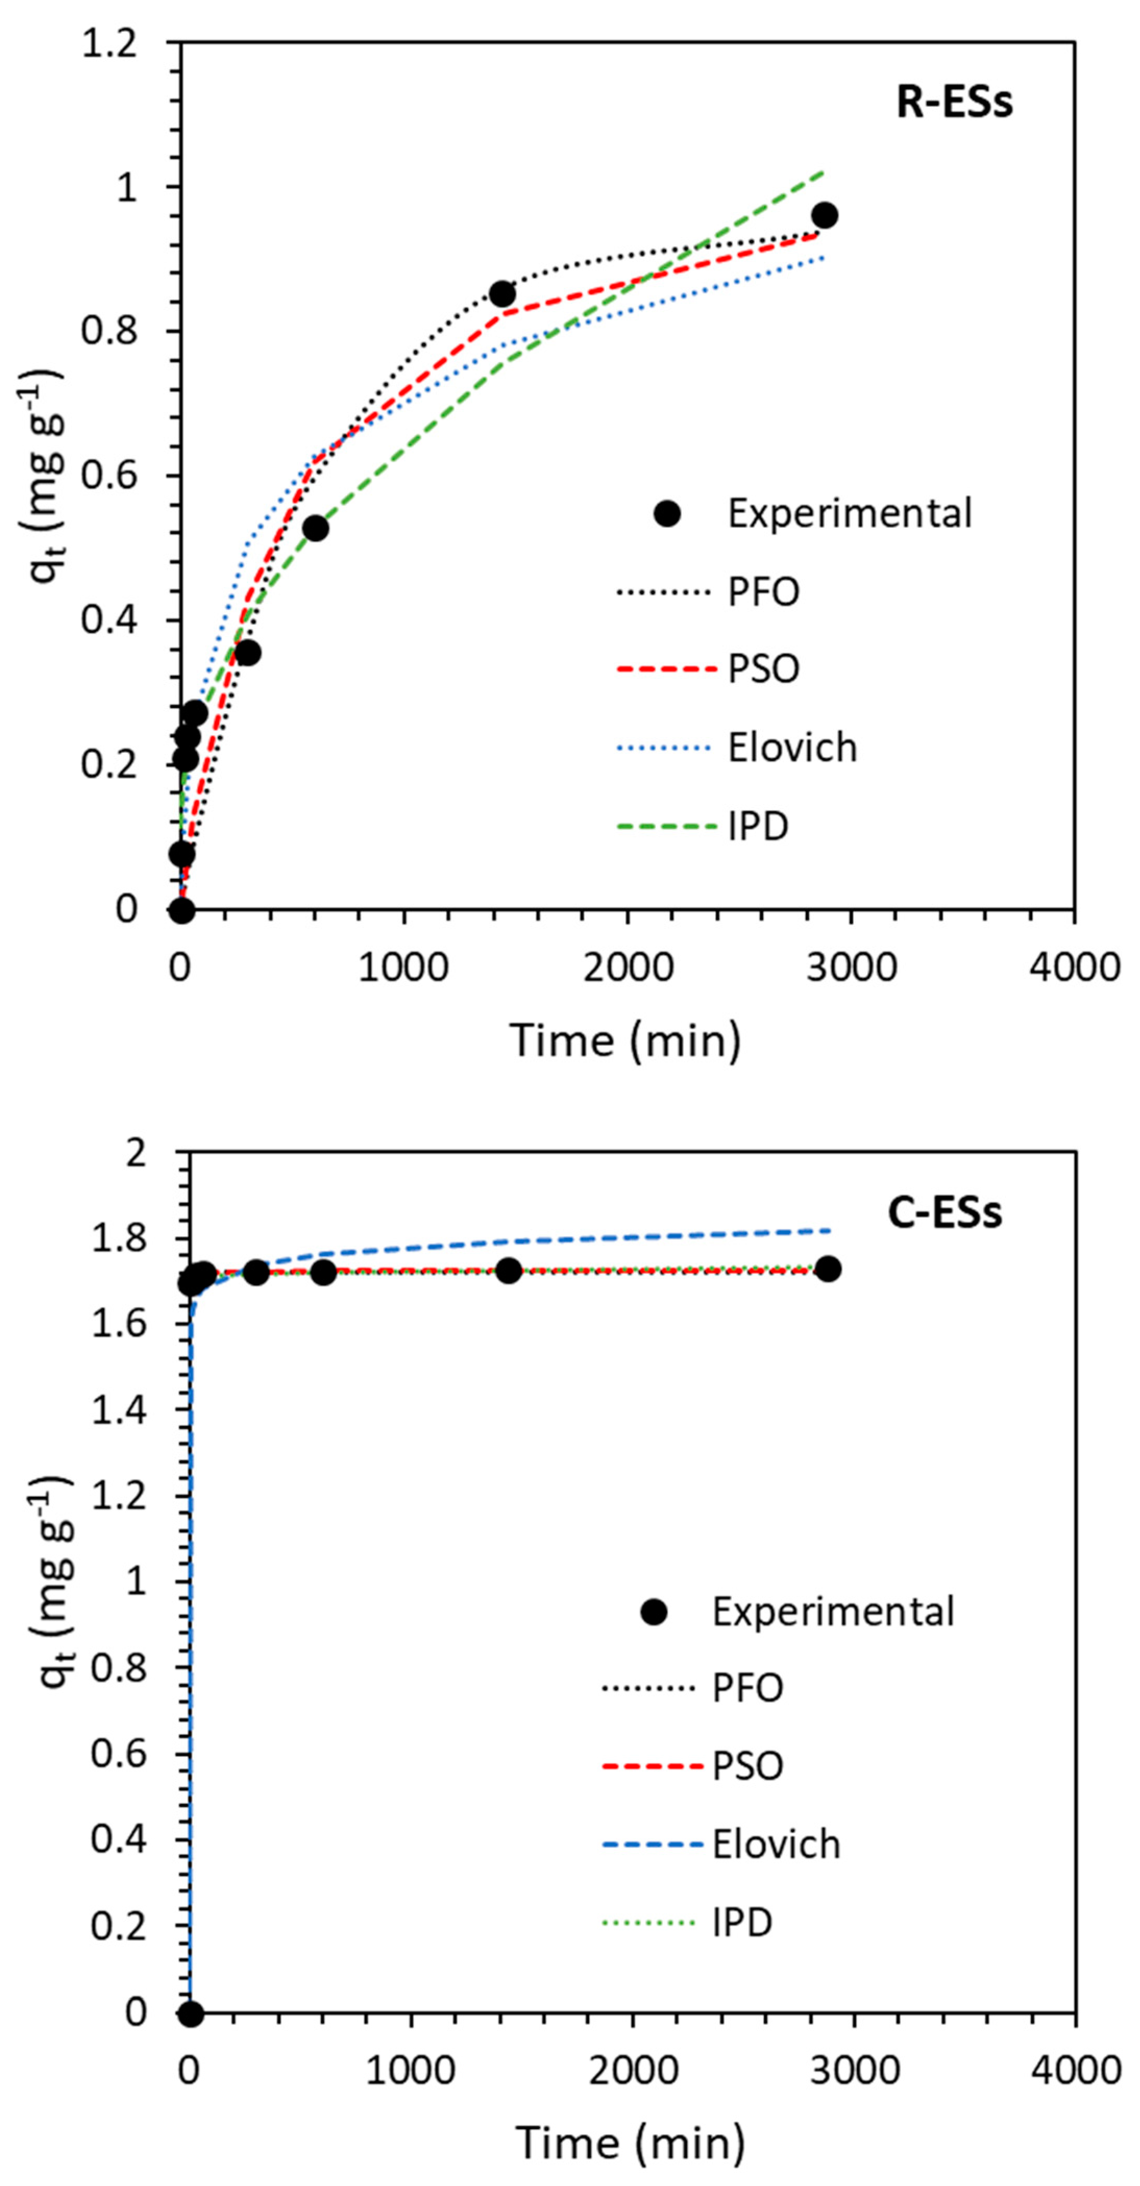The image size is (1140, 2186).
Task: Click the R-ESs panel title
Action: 954,103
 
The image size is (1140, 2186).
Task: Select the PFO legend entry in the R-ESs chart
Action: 764,592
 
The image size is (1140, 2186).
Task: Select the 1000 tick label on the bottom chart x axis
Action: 411,2071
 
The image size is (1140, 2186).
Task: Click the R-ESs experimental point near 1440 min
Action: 502,295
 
